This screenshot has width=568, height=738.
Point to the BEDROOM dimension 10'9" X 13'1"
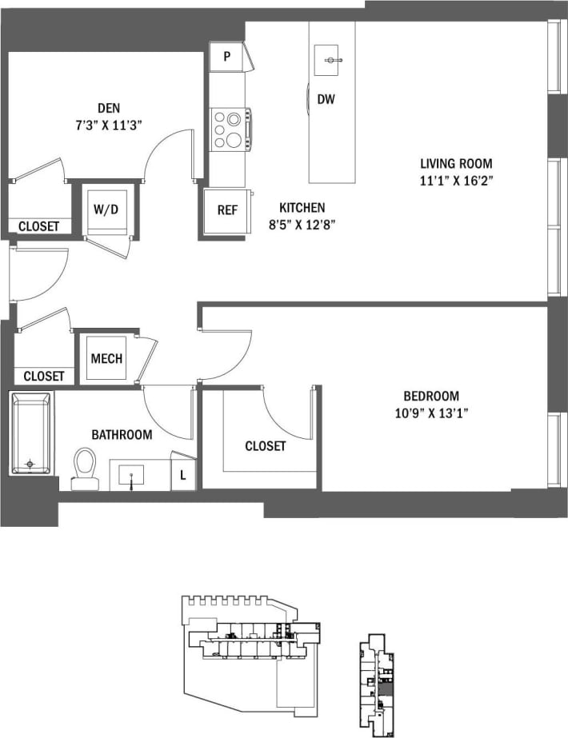(431, 413)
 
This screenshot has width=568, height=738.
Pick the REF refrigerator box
(227, 211)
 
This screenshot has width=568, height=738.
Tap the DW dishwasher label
(326, 99)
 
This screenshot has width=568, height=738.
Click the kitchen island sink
(330, 60)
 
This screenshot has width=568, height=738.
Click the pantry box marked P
(227, 57)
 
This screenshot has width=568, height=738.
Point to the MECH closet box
(106, 358)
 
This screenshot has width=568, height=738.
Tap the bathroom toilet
(83, 468)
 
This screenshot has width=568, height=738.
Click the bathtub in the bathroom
(30, 433)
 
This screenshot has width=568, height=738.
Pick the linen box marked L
(182, 475)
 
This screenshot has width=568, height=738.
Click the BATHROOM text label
(122, 435)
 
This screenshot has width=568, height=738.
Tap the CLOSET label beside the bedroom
(265, 446)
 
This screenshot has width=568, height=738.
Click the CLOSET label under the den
(38, 226)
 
